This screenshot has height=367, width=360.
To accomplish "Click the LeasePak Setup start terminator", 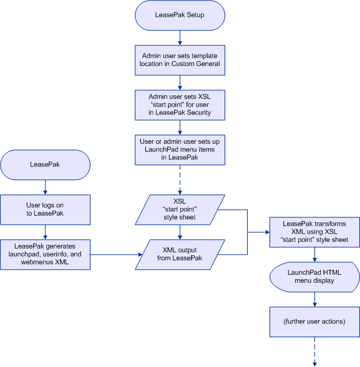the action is (180, 15).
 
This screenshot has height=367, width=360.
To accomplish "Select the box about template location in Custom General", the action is (180, 60).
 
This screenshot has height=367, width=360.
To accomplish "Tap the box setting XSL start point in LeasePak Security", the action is (180, 105).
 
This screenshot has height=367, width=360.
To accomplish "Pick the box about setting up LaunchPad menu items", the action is (180, 150).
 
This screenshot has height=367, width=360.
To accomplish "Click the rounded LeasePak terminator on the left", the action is (46, 164).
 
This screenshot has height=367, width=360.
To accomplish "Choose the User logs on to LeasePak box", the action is (46, 210).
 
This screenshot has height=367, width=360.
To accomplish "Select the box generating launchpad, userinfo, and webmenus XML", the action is (46, 254).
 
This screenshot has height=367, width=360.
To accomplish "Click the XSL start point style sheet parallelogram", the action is (180, 210).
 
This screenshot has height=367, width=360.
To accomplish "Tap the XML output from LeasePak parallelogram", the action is (180, 254).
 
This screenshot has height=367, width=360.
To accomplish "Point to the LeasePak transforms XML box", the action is (314, 232).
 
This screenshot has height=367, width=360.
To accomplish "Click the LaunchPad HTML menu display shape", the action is (314, 277).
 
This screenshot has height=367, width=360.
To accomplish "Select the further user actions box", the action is (314, 322).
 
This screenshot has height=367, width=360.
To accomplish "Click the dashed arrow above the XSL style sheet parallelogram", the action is (180, 179).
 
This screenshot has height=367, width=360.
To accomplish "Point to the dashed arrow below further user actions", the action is (314, 352).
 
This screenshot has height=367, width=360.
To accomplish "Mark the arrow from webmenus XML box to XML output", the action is (117, 254).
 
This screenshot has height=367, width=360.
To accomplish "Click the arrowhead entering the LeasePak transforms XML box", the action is (268, 232).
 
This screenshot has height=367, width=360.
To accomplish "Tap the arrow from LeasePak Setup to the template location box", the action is (180, 37).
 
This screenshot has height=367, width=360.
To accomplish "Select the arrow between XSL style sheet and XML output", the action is (180, 232).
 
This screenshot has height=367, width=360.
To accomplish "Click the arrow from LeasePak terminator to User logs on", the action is (46, 188).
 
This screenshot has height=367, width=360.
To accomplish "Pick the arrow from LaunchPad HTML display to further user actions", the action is (314, 299).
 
